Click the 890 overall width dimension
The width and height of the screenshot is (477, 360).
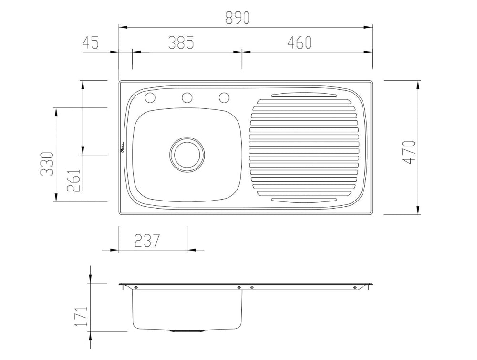pos(237,18)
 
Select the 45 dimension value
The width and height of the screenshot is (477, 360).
pos(91,42)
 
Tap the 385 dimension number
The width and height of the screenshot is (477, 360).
pos(181,42)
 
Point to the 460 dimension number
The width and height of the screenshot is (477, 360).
pos(299,42)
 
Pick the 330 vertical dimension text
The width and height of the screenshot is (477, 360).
pos(46,164)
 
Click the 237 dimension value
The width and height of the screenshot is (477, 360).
pos(146,241)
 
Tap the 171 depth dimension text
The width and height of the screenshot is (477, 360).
pos(81,317)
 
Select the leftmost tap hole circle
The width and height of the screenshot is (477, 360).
pos(150,98)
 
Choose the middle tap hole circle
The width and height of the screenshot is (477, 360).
pos(187,98)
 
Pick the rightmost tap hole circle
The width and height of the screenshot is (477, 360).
pos(224,98)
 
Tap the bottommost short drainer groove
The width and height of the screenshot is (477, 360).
pos(303,200)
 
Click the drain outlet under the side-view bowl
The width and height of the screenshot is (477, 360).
pos(187,330)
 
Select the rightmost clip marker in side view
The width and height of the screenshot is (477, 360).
pos(354,287)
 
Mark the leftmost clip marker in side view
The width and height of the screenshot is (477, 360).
pos(136,287)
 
